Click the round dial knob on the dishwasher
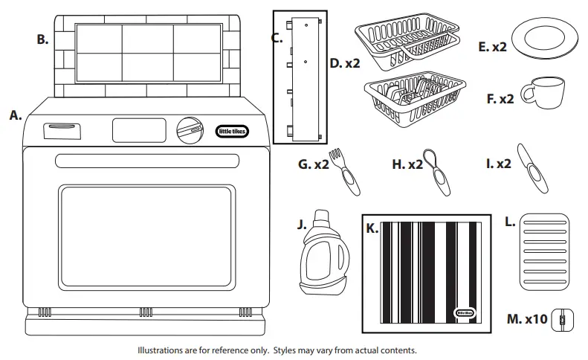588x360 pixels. (x=189, y=129)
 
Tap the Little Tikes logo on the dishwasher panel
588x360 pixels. (x=232, y=131)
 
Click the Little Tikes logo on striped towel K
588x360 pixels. (x=466, y=313)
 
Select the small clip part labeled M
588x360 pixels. (x=562, y=320)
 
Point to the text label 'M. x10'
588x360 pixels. (x=526, y=319)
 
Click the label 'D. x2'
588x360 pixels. (x=344, y=63)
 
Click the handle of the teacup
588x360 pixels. (x=526, y=93)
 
